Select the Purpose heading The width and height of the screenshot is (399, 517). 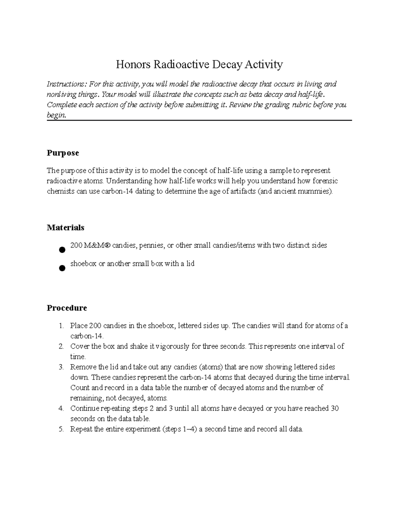click(63, 153)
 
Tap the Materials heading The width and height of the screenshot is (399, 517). click(66, 228)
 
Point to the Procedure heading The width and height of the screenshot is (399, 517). click(67, 308)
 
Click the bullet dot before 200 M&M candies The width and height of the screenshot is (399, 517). click(62, 250)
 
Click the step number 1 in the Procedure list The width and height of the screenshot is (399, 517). click(61, 326)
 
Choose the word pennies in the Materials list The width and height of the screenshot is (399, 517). click(152, 246)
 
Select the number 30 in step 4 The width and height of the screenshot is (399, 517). click(334, 408)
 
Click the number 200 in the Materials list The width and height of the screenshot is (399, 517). click(76, 246)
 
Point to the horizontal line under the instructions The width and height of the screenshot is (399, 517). click(199, 121)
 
